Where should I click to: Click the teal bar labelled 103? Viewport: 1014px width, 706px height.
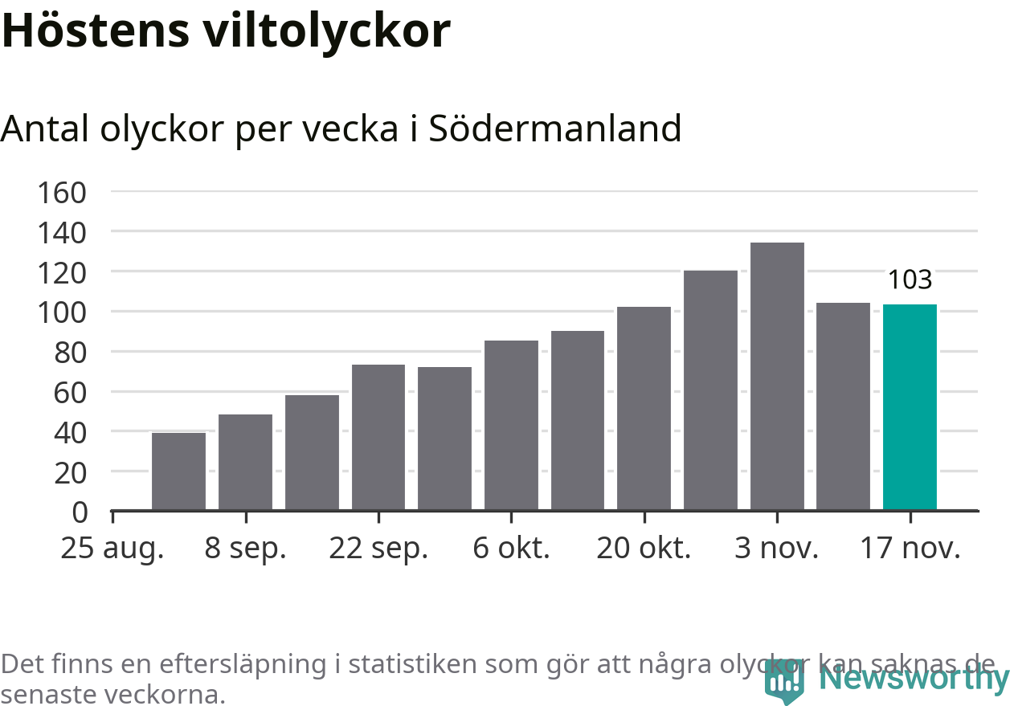tap(910, 407)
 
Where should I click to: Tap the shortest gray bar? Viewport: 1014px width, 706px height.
tap(178, 471)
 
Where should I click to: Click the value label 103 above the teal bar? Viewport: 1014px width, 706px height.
tap(910, 280)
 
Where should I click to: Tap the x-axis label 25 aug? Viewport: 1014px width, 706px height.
tap(112, 549)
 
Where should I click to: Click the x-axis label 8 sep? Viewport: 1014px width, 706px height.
tap(245, 549)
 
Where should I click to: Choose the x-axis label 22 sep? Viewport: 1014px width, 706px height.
tap(378, 549)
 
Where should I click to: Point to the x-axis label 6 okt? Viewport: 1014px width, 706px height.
tap(511, 549)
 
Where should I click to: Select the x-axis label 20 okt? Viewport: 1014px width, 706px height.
tap(644, 549)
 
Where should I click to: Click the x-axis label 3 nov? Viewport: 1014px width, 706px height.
tap(777, 549)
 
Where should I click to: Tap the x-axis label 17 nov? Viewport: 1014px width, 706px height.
tap(910, 549)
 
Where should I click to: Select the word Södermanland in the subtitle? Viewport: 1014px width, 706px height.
tap(554, 129)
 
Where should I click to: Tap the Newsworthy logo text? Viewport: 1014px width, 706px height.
tap(914, 679)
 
